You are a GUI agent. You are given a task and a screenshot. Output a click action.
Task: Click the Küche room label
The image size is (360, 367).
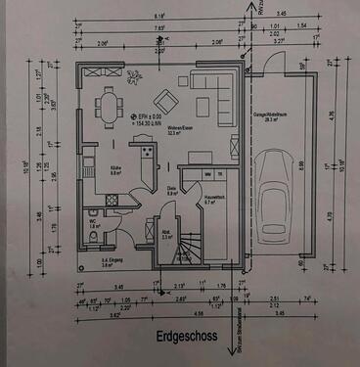(114, 168)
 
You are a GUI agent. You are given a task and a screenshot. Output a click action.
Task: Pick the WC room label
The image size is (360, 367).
(92, 222)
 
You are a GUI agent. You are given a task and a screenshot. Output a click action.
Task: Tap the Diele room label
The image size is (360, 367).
(171, 192)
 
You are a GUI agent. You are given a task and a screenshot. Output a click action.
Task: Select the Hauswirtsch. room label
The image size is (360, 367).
(215, 199)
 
